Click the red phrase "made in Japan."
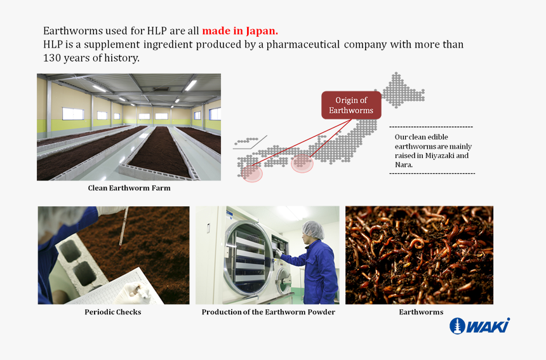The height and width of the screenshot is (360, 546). [240, 30]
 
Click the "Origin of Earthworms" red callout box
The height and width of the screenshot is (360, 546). [351, 105]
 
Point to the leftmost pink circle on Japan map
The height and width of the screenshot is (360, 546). [253, 172]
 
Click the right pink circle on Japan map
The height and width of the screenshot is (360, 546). [302, 163]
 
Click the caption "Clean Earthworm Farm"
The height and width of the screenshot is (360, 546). [129, 188]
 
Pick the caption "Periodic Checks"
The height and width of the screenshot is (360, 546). [113, 312]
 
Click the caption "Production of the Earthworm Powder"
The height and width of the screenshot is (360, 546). [268, 312]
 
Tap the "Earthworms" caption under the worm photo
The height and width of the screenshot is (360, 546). [420, 312]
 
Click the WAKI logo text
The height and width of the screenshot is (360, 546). [489, 326]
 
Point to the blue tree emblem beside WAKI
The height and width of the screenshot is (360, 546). [457, 326]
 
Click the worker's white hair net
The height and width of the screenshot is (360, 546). [314, 229]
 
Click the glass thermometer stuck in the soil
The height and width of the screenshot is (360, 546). [123, 226]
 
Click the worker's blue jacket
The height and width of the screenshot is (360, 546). [317, 270]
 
